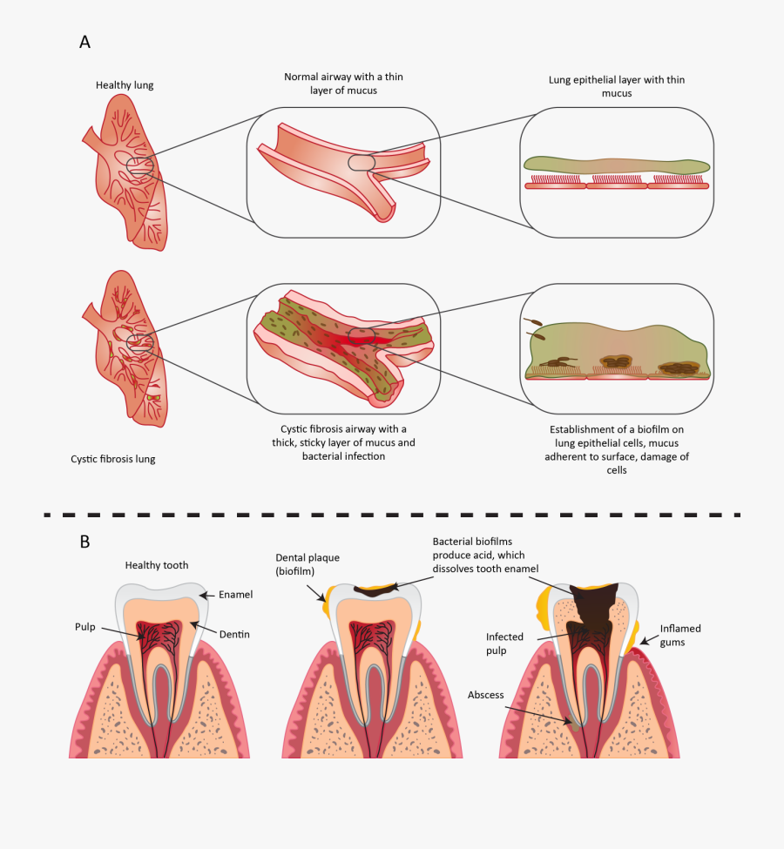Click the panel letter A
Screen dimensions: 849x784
84,42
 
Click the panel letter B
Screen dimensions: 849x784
84,541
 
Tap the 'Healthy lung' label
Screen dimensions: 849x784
125,85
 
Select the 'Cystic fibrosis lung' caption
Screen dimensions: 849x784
112,459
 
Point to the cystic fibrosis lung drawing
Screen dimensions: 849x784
131,348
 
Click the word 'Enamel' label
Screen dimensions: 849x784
236,595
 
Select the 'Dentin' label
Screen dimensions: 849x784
233,635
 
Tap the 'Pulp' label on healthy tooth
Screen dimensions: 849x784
84,625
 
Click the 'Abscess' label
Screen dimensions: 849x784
486,695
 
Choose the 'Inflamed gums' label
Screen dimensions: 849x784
680,635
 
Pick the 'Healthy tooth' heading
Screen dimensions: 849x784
157,565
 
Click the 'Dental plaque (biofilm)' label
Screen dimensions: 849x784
307,564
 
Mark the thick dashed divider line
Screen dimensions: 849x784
392,514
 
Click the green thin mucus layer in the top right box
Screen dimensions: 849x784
617,165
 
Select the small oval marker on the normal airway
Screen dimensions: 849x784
362,162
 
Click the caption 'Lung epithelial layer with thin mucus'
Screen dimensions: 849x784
617,85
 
